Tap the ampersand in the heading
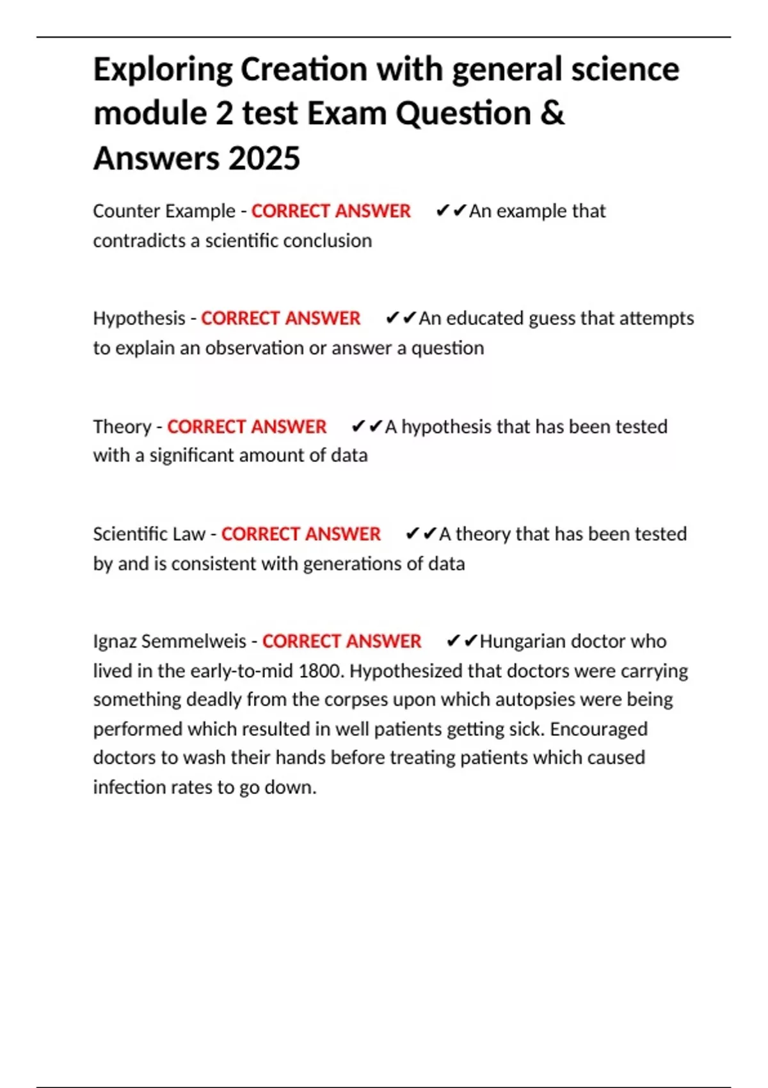552,113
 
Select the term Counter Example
164,211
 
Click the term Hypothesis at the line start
139,318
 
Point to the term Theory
122,427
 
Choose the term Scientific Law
148,534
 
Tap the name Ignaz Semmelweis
169,641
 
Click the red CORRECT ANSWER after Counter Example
330,211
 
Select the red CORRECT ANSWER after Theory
246,427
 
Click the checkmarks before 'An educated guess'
401,318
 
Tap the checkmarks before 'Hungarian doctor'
461,641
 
